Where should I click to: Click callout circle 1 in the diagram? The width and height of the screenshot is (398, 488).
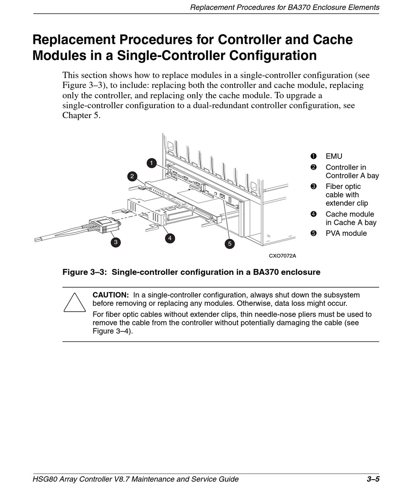(152, 163)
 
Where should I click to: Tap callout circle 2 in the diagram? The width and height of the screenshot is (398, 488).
(132, 176)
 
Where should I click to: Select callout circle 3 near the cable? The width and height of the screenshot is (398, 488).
(115, 242)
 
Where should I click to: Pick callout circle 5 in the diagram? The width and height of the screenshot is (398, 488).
(229, 243)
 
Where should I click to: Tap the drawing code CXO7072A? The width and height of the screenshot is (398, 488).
(282, 256)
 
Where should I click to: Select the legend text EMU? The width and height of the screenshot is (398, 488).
(334, 156)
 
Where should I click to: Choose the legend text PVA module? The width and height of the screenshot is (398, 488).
(346, 233)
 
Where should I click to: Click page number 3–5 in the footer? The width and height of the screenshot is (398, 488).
(373, 479)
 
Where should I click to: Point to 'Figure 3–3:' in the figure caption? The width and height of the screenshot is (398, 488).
(85, 272)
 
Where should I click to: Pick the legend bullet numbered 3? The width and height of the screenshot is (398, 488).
(313, 186)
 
